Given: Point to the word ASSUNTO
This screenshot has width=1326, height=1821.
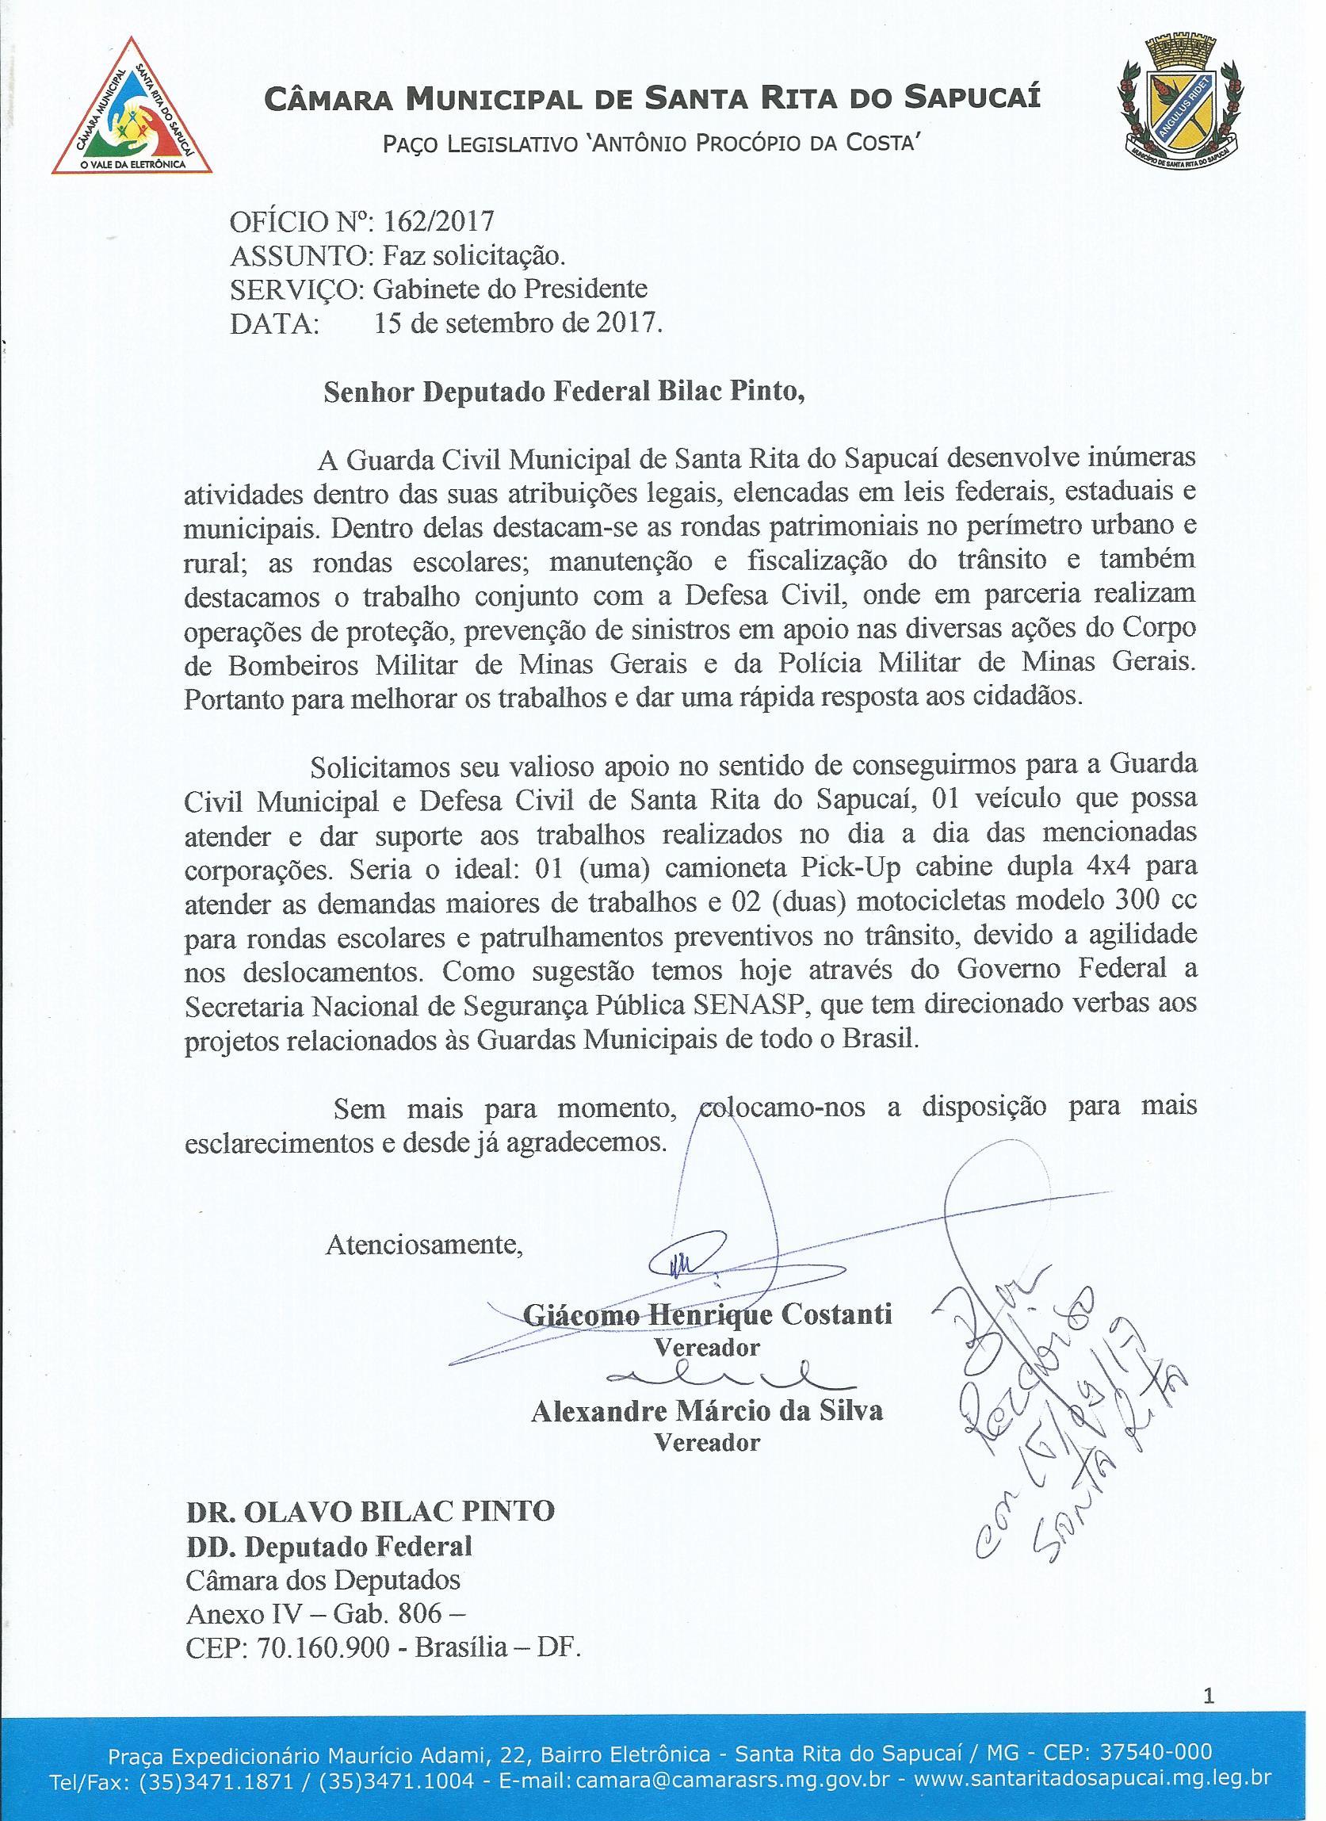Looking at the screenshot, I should [300, 255].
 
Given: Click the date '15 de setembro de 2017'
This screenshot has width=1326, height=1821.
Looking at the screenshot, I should [518, 323].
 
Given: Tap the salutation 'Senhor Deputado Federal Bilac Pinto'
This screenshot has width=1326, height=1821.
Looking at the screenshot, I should [564, 391].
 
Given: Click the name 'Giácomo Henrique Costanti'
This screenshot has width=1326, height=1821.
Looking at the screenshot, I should [707, 1314].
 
